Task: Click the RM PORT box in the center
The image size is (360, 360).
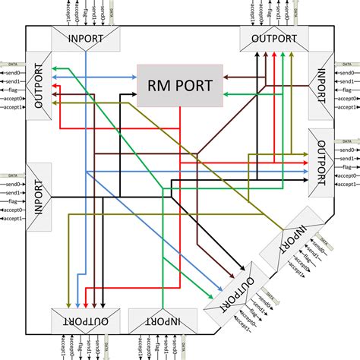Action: (x=179, y=84)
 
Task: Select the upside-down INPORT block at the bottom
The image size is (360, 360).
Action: (x=159, y=321)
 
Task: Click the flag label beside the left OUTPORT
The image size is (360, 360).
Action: (x=11, y=90)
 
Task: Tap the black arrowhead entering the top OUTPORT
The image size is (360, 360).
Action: (x=256, y=55)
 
